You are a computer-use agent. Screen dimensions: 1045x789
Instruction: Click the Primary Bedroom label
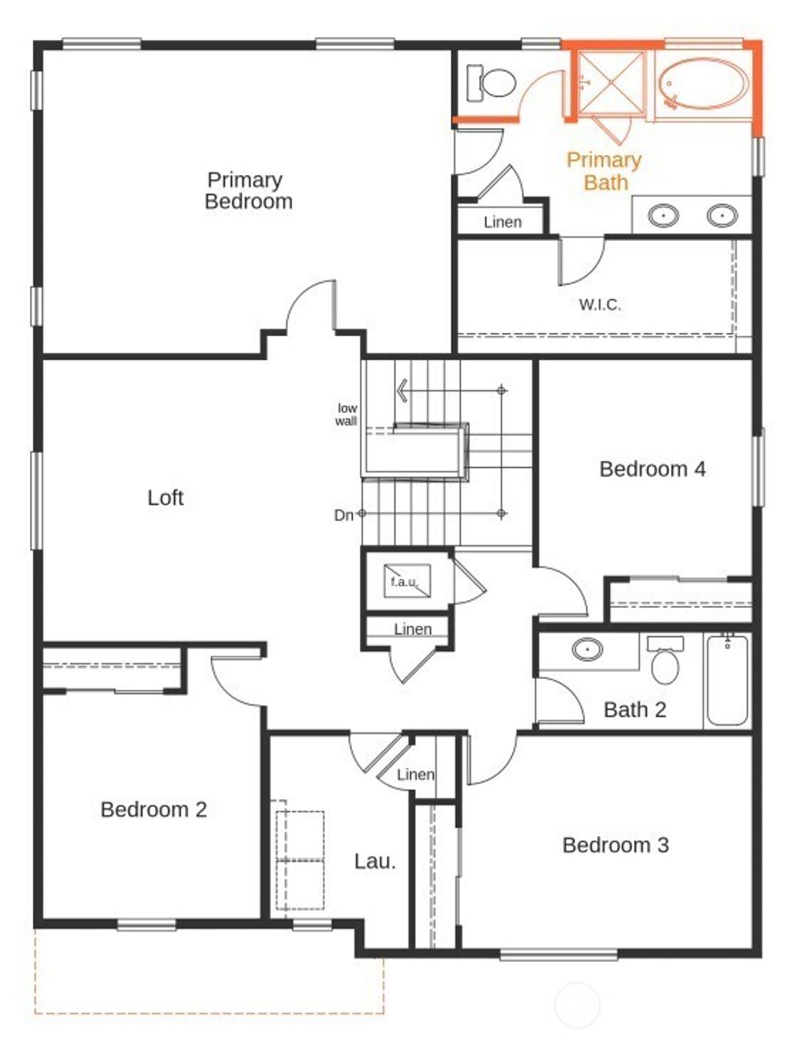[x=248, y=190]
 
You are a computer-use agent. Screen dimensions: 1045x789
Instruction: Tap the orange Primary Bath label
[x=604, y=171]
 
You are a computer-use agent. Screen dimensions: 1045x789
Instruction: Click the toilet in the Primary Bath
[x=492, y=82]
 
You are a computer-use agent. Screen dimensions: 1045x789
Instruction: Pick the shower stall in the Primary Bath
[x=611, y=80]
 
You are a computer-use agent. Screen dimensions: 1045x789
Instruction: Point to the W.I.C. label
[x=599, y=304]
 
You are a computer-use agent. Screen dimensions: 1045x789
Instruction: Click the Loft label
[x=165, y=498]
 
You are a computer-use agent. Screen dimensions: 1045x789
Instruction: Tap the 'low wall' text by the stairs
[x=346, y=415]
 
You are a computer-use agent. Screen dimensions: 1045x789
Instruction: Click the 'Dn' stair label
[x=344, y=515]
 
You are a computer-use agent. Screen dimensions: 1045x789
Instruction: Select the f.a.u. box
[x=407, y=582]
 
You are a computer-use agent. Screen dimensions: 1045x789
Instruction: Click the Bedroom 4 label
[x=652, y=469]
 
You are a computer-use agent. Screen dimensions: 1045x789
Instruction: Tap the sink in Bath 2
[x=588, y=650]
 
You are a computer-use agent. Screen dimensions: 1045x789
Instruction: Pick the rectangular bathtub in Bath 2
[x=727, y=679]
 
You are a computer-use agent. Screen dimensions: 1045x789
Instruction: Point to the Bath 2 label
[x=634, y=710]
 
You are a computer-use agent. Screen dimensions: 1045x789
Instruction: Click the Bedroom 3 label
[x=615, y=845]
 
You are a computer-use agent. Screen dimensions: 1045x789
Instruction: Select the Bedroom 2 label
[x=153, y=809]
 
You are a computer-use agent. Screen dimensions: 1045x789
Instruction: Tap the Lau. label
[x=374, y=862]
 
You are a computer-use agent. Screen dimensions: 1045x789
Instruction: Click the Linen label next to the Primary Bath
[x=502, y=222]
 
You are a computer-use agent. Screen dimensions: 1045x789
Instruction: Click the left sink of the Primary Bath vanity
[x=663, y=215]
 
